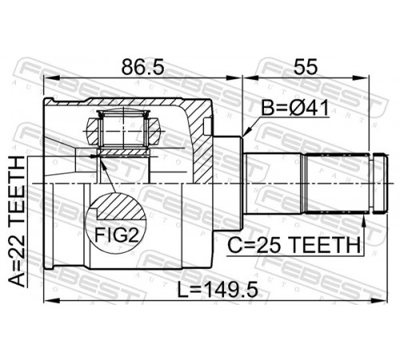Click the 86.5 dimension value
(143, 66)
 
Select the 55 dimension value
(306, 66)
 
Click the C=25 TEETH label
(294, 245)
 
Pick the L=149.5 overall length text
(218, 290)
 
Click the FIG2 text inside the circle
(117, 235)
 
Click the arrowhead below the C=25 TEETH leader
(363, 218)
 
